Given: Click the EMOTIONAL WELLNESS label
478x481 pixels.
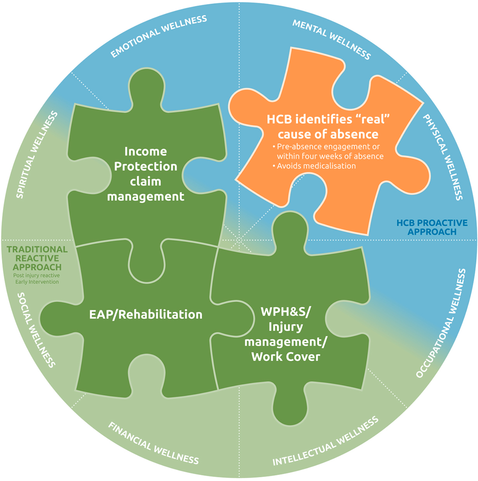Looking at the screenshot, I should [159, 36].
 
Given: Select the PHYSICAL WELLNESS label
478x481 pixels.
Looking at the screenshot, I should [443, 157].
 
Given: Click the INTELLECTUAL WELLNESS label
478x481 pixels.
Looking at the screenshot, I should [325, 441].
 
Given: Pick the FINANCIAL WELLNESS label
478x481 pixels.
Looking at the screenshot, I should [153, 443].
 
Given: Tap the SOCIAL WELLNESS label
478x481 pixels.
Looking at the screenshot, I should [36, 330].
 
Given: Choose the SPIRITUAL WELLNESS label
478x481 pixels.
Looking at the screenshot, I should [37, 155].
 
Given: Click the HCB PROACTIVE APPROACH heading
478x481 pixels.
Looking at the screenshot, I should [432, 227].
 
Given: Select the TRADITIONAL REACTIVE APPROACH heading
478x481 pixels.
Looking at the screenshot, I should [37, 258].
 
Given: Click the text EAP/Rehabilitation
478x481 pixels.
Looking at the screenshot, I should [146, 314].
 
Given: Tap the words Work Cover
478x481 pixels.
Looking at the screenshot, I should [286, 357].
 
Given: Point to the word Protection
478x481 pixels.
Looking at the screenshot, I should [146, 166].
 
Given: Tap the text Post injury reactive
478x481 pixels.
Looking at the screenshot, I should [37, 276].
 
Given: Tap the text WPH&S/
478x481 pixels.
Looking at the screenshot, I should [286, 311].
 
